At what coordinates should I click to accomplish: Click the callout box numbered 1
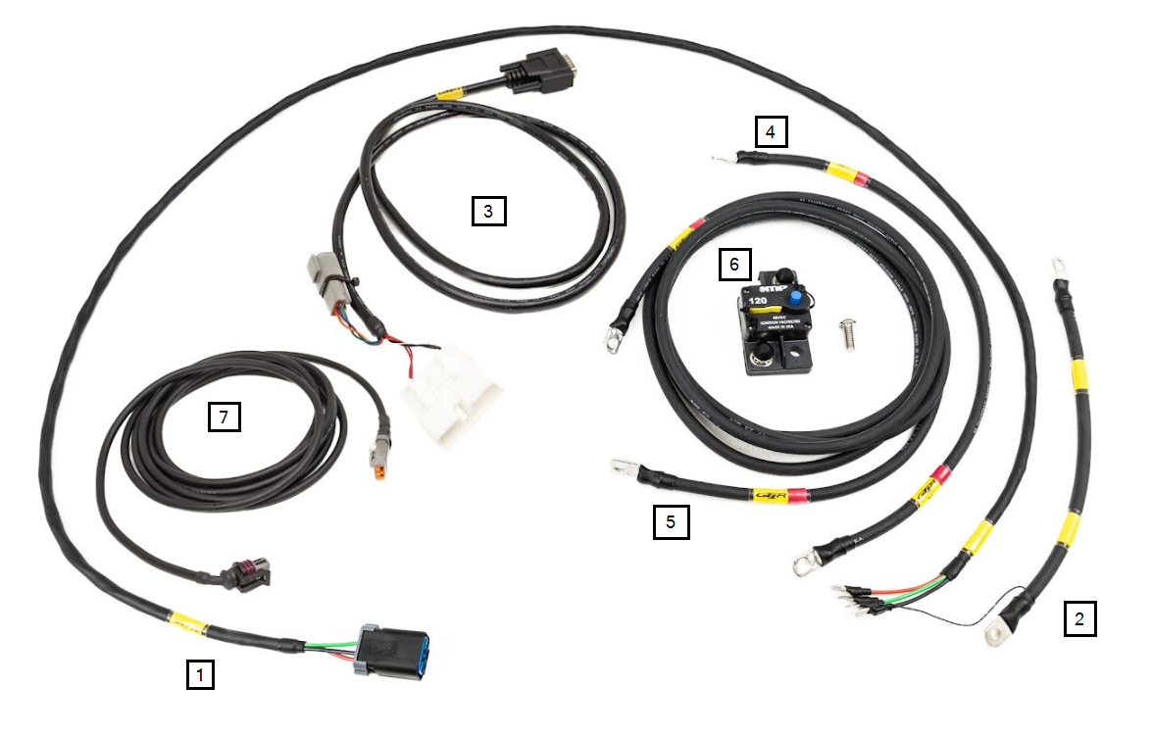pyautogui.click(x=200, y=674)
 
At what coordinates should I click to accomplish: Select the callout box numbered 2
pyautogui.click(x=1079, y=619)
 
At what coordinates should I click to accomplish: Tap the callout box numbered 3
pyautogui.click(x=488, y=211)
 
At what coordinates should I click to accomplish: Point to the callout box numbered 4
pyautogui.click(x=771, y=131)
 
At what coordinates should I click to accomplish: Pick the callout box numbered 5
pyautogui.click(x=671, y=521)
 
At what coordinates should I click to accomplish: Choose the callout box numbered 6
pyautogui.click(x=734, y=264)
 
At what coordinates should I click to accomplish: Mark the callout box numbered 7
pyautogui.click(x=224, y=417)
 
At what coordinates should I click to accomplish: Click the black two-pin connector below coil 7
pyautogui.click(x=241, y=573)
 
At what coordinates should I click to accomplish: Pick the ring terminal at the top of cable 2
pyautogui.click(x=1059, y=266)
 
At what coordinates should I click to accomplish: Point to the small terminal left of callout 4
pyautogui.click(x=722, y=156)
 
